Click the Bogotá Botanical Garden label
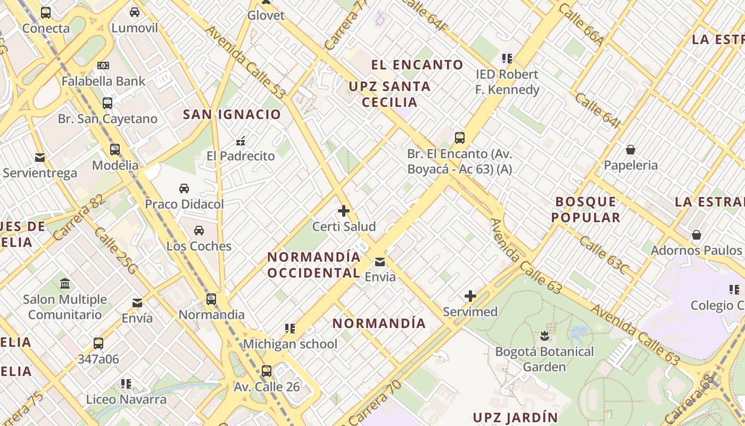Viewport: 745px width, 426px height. click(x=544, y=359)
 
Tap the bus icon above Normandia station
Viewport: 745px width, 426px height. click(x=211, y=299)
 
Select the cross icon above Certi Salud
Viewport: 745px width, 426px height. click(x=344, y=211)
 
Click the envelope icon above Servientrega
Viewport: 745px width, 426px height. click(x=40, y=158)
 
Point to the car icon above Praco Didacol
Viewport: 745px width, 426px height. click(x=184, y=189)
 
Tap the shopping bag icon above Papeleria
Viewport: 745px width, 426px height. click(x=631, y=150)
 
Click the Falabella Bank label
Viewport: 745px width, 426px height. click(x=103, y=81)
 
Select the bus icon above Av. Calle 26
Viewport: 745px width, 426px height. click(x=267, y=371)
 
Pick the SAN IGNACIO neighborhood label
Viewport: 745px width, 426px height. click(x=232, y=114)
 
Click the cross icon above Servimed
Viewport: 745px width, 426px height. click(x=470, y=296)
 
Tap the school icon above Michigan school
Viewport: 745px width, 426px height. click(x=290, y=329)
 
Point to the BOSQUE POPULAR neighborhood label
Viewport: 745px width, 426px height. click(x=586, y=209)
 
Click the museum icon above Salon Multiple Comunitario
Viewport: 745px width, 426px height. click(x=65, y=283)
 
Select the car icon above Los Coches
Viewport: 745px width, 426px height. click(x=199, y=231)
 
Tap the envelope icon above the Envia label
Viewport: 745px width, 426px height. click(x=380, y=261)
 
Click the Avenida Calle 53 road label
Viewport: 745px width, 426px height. click(x=246, y=62)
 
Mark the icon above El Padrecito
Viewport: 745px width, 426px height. click(x=241, y=141)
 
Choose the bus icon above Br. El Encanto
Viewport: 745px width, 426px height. click(x=460, y=138)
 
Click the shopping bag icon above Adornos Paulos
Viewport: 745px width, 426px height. click(x=696, y=235)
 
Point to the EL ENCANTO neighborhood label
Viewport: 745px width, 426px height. click(x=417, y=65)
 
